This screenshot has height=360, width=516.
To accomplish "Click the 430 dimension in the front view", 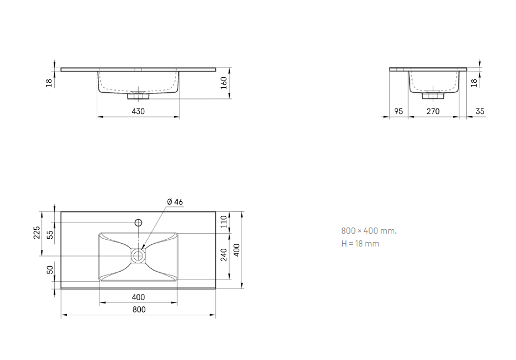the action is pos(138,112).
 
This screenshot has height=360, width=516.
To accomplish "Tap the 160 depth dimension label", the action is pos(224,83).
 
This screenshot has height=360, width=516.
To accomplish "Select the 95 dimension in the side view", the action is pos(399,112).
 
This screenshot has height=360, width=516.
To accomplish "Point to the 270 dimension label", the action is pos(433,112).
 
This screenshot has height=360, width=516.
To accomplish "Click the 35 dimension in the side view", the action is pos(480,112).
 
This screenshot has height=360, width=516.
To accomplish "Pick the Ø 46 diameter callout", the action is pos(175,202).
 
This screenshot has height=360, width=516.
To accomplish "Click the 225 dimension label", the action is pos(37,233).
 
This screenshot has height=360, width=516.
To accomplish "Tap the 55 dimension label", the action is pos(50,235).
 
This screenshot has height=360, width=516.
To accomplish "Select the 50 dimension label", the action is pos(50,270).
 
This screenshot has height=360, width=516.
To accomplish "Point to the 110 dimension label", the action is pos(224,221).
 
